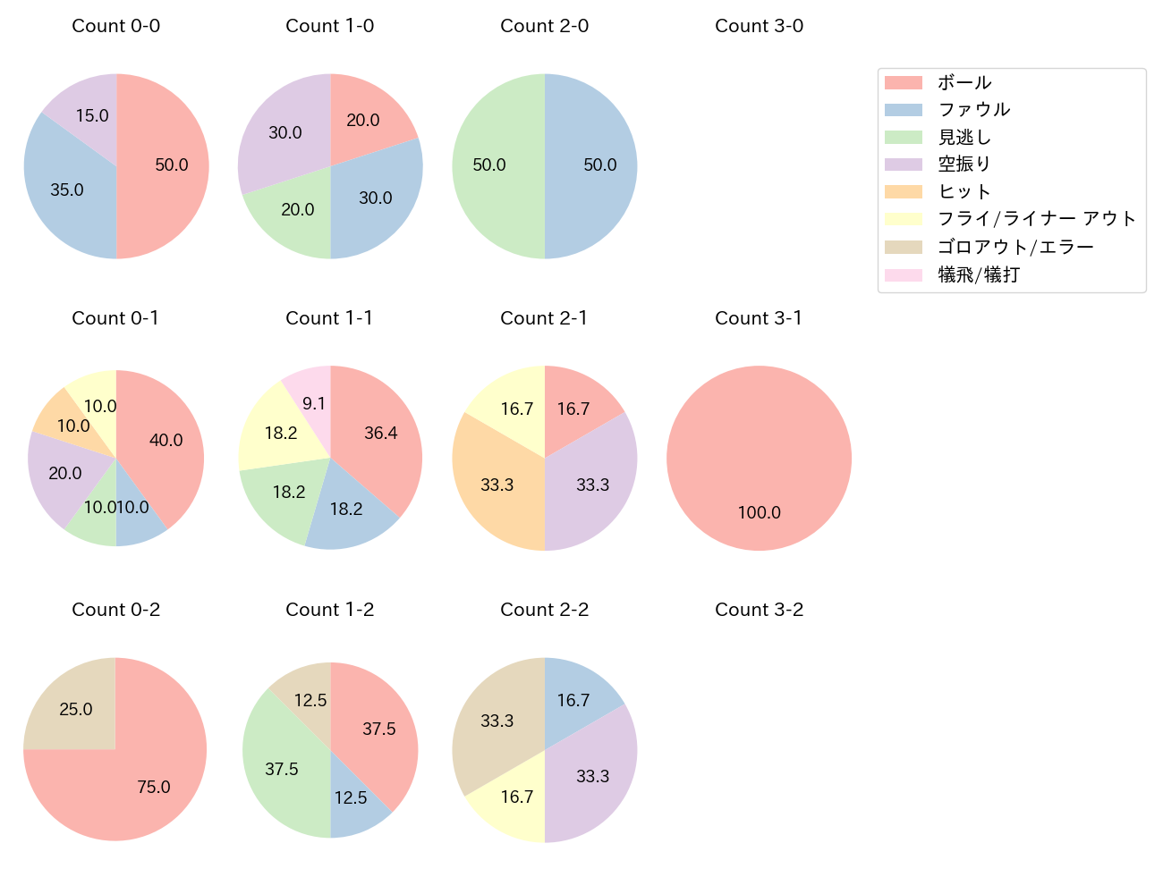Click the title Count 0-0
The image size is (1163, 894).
(x=116, y=26)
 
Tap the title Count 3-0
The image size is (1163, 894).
(x=759, y=26)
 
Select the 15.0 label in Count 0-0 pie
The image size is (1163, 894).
(x=92, y=115)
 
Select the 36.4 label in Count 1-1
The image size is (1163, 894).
(x=381, y=433)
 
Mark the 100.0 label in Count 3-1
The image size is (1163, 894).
(x=760, y=512)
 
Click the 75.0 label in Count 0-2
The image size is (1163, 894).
(x=154, y=787)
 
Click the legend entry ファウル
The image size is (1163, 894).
(x=974, y=110)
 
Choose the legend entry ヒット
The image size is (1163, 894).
(x=964, y=191)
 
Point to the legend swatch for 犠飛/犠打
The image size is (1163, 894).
(x=904, y=274)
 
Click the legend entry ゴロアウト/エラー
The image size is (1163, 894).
(x=1015, y=247)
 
